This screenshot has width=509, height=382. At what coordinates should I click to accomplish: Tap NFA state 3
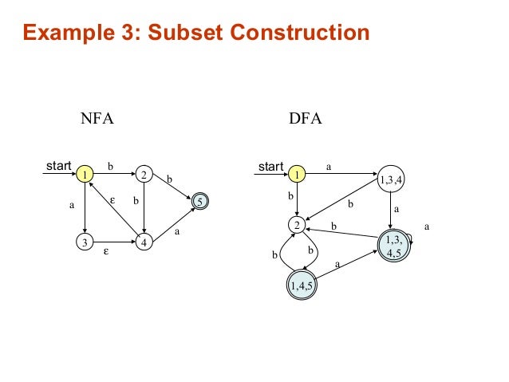click(83, 242)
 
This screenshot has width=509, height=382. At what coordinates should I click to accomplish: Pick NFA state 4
click(143, 242)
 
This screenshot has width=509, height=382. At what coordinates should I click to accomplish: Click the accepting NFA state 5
click(201, 203)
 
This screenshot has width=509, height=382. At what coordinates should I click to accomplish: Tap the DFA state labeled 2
click(296, 226)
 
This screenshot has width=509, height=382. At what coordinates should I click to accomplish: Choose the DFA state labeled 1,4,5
click(301, 285)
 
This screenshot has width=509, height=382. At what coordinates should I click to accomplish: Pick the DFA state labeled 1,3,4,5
click(394, 246)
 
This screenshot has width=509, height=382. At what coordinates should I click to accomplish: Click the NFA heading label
click(98, 120)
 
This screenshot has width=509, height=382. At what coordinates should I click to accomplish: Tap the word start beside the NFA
click(57, 167)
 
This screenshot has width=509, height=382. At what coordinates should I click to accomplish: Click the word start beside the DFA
click(270, 167)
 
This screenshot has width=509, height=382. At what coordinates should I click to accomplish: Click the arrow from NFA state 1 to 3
click(83, 207)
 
